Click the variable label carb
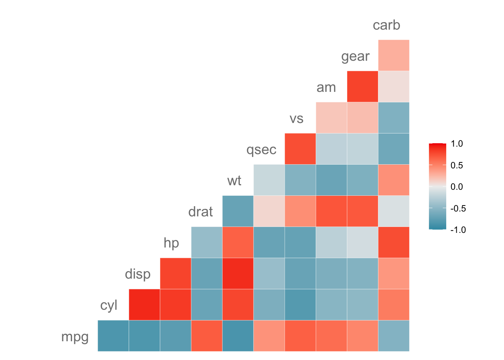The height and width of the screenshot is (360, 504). pyautogui.click(x=386, y=25)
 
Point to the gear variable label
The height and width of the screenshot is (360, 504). pyautogui.click(x=355, y=57)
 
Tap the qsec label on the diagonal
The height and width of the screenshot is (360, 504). pyautogui.click(x=261, y=150)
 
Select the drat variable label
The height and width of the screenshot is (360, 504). pyautogui.click(x=201, y=212)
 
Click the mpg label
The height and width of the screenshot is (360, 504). pyautogui.click(x=75, y=337)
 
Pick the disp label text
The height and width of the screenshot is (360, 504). pyautogui.click(x=138, y=274)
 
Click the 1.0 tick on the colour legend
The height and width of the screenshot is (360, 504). pyautogui.click(x=457, y=144)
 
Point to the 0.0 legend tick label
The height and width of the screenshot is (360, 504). pyautogui.click(x=457, y=187)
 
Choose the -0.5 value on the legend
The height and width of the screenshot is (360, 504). pyautogui.click(x=458, y=208)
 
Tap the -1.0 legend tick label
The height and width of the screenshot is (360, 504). pyautogui.click(x=458, y=230)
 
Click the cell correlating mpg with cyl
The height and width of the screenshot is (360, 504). pyautogui.click(x=113, y=336)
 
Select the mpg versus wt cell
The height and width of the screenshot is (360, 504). pyautogui.click(x=238, y=336)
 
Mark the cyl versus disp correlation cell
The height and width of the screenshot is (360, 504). pyautogui.click(x=144, y=305)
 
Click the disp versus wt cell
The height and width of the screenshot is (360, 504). pyautogui.click(x=238, y=274)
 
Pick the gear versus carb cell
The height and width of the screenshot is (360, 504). pyautogui.click(x=393, y=55)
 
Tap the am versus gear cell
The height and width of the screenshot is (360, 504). pyautogui.click(x=362, y=86)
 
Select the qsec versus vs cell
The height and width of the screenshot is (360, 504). pyautogui.click(x=300, y=149)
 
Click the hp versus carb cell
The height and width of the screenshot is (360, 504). pyautogui.click(x=393, y=243)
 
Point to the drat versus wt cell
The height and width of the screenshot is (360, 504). pyautogui.click(x=238, y=211)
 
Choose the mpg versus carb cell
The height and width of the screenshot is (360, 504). pyautogui.click(x=393, y=336)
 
